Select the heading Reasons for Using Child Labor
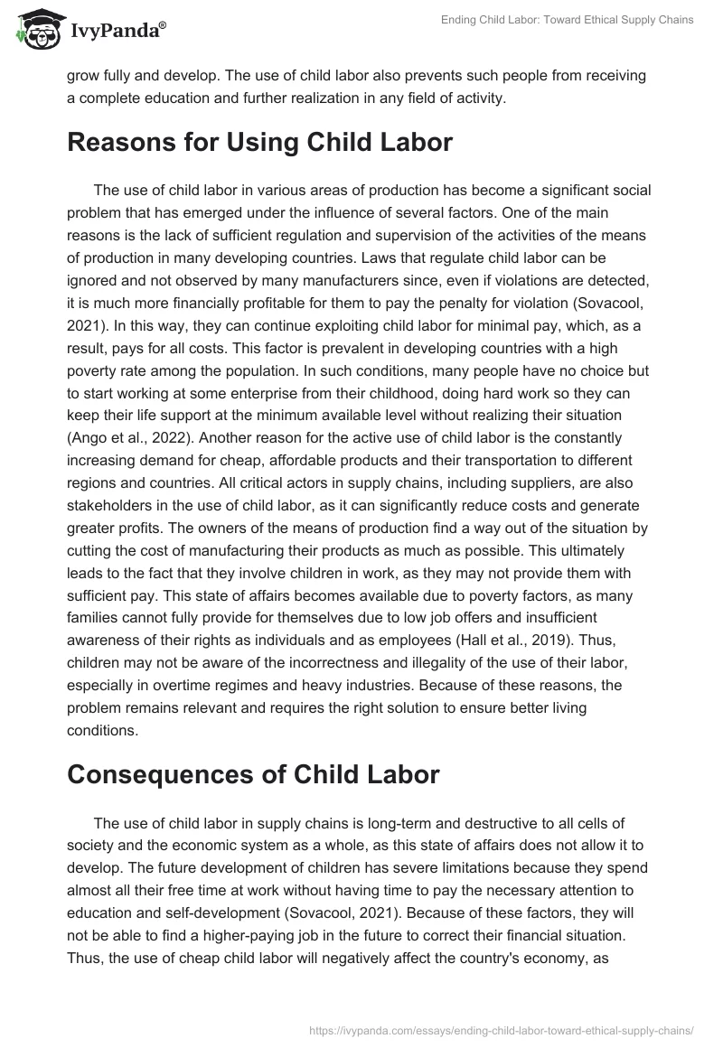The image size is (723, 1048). point(259,143)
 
